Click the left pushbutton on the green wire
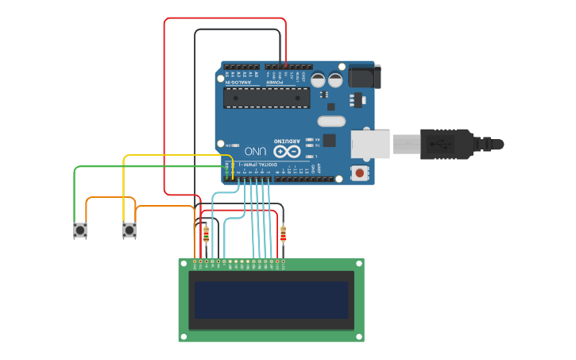[79, 230]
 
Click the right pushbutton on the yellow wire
[130, 230]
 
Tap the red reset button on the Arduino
[361, 172]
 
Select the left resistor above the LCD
[207, 234]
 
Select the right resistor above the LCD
[284, 234]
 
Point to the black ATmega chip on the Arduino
[266, 97]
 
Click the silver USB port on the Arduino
[371, 144]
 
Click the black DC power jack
[365, 76]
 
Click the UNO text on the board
[255, 151]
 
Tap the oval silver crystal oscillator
[331, 122]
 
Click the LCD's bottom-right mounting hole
[360, 337]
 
